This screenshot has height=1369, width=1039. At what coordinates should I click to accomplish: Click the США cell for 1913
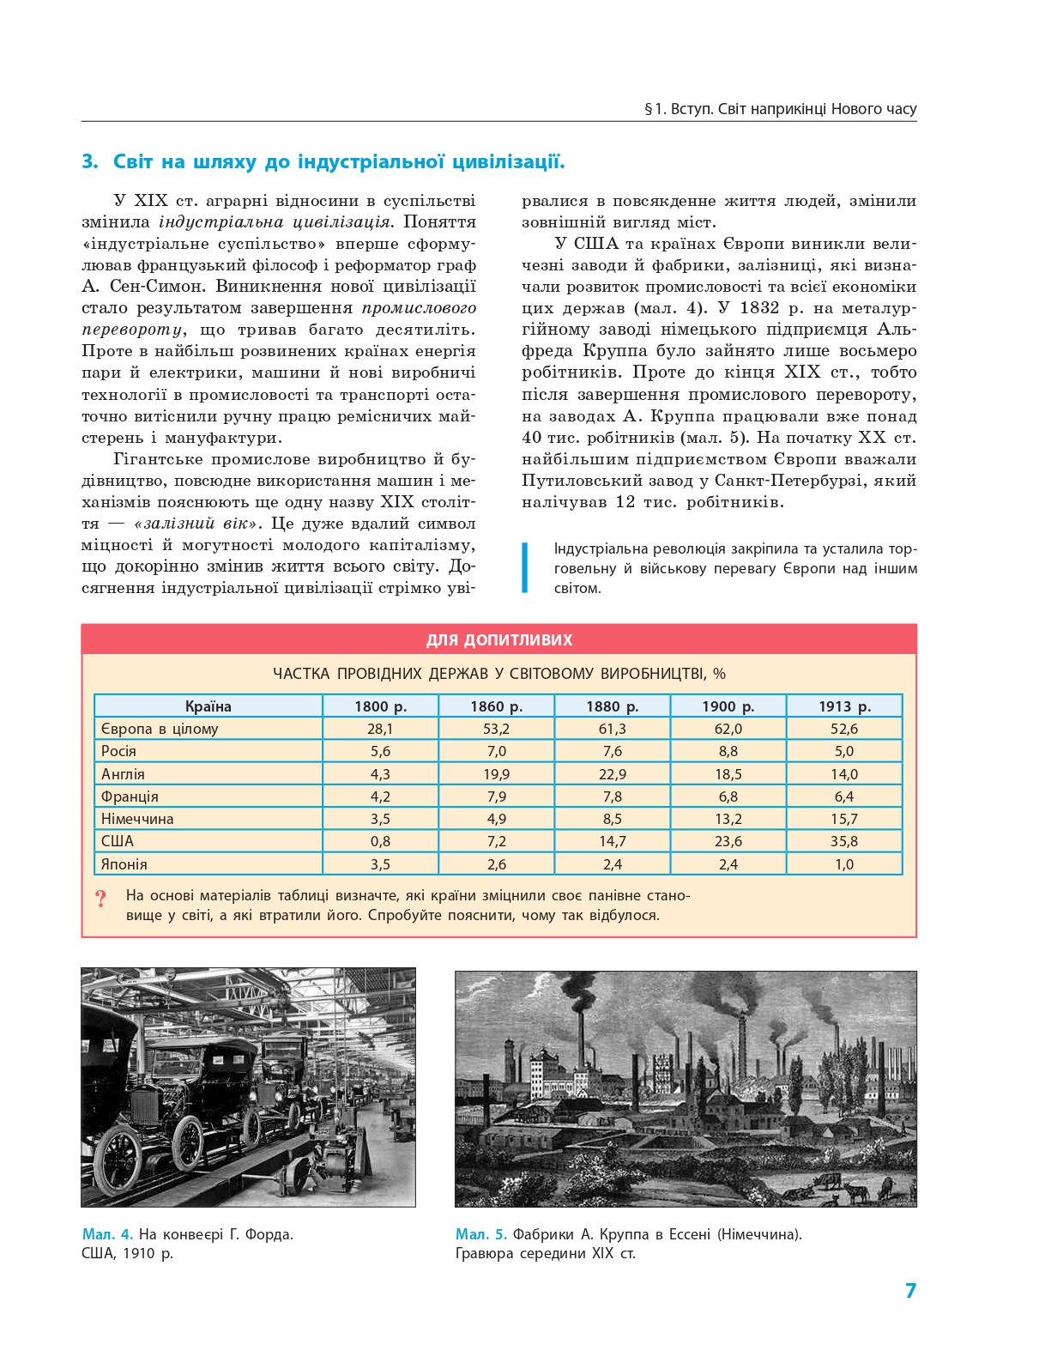coord(843,841)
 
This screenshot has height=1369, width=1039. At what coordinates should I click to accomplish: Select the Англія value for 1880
coord(612,773)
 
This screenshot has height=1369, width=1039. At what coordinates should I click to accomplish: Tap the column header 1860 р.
coord(496,706)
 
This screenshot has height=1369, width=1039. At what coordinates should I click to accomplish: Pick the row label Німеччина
coord(137,819)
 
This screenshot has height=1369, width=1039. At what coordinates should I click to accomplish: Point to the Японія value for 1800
coord(380,864)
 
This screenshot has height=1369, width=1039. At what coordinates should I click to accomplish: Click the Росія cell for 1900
coord(728,751)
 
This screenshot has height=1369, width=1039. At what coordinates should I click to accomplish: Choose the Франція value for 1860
coord(496,797)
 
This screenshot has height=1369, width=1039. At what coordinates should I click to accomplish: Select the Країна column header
coord(208,706)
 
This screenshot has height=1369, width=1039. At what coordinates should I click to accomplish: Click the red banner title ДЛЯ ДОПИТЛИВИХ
coord(498,640)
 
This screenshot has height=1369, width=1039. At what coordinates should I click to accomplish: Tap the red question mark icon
coord(101,899)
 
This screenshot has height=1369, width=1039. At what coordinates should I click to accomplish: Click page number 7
coord(910,1291)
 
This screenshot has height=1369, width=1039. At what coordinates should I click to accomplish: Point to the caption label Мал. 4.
coord(107,1234)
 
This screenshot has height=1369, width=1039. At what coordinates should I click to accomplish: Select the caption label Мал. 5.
coord(480,1234)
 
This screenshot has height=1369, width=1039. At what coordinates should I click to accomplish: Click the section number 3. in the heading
coord(90,162)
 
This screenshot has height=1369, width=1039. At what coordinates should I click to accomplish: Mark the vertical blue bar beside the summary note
coord(525,567)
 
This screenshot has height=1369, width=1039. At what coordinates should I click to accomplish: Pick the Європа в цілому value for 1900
coord(728,729)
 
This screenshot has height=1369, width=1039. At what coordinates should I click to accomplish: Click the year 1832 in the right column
coord(759,308)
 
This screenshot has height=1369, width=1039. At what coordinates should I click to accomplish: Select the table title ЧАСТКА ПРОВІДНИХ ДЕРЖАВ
coord(498,674)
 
